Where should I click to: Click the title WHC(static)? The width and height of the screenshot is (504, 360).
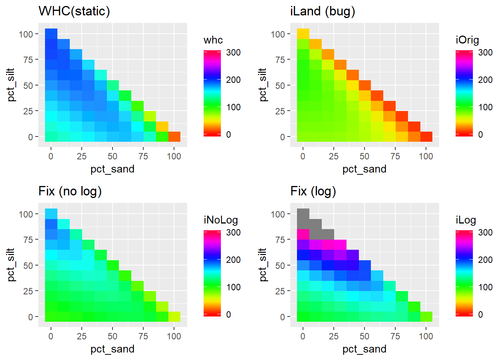pos(74,11)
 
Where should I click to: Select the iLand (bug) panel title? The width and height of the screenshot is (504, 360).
pos(322,11)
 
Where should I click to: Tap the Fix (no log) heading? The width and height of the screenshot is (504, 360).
pos(70,191)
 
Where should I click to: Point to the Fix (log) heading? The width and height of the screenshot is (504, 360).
pos(313,191)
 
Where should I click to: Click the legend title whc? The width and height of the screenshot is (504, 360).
pos(213,40)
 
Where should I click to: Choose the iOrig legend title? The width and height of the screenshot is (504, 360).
pos(467,40)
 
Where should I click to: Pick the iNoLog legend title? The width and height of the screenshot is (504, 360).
pos(221,220)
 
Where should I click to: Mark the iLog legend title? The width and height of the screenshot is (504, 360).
pos(466,220)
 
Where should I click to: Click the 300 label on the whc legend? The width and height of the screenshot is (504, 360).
pos(233,52)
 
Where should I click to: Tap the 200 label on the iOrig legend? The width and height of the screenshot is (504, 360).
pos(485,79)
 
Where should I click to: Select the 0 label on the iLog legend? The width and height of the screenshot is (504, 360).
pos(481,314)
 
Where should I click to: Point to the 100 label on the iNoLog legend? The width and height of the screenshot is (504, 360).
pos(233,287)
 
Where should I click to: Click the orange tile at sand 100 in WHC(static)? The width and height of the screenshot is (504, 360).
pos(174,136)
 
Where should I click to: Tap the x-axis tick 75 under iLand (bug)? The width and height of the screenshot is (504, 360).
pos(395,156)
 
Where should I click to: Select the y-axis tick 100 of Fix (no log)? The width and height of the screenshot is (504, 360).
pos(25,214)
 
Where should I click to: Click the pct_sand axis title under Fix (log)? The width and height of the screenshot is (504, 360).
pos(364,349)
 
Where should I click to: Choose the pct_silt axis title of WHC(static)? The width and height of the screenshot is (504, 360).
pos(11,85)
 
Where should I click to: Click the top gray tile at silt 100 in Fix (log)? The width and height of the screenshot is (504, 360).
pos(303,214)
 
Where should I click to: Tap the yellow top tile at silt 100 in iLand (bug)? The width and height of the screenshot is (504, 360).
pos(303,34)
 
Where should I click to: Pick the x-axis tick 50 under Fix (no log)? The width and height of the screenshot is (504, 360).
pos(112,336)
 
